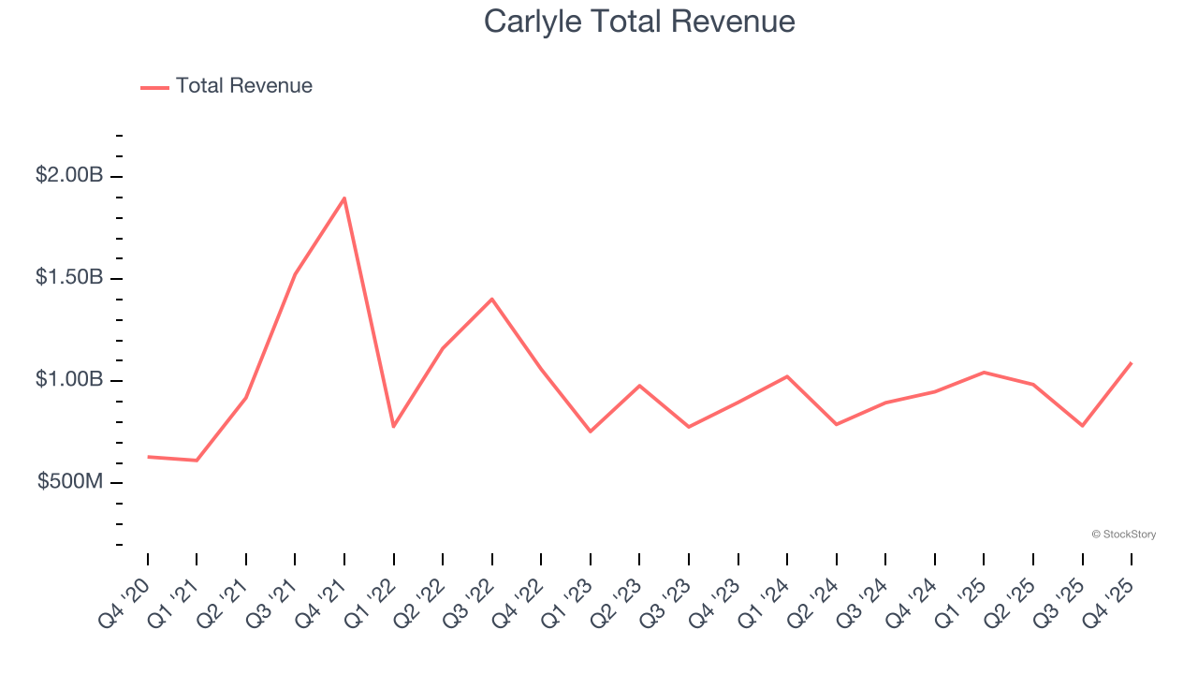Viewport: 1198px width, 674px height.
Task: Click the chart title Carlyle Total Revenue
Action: [639, 22]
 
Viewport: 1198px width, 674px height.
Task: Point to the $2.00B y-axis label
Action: [68, 175]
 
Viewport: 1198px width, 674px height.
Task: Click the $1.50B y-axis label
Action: [68, 277]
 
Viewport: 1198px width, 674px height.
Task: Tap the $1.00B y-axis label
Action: [68, 379]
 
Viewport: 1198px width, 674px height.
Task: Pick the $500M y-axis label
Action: [70, 481]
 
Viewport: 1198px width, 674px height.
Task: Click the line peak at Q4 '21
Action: [344, 198]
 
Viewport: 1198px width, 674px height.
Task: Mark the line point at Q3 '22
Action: [492, 299]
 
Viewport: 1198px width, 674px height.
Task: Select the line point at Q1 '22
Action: [394, 427]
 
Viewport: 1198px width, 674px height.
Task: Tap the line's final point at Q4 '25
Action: [1132, 363]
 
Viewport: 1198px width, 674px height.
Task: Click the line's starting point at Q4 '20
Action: [148, 457]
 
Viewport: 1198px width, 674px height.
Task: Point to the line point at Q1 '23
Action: [591, 432]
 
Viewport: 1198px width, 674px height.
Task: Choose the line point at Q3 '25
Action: [1083, 426]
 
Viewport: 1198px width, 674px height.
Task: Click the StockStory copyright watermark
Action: [1123, 535]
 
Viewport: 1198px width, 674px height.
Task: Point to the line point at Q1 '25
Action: [985, 372]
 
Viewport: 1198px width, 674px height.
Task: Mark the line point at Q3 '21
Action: [296, 273]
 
